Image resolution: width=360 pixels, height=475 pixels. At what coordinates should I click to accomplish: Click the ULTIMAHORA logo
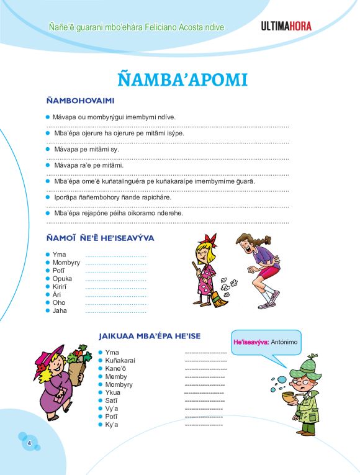coord(286,26)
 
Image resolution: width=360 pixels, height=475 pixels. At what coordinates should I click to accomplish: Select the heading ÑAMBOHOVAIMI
coord(79,101)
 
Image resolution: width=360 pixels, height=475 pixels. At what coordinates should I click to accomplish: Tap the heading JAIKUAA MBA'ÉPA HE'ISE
coord(150,336)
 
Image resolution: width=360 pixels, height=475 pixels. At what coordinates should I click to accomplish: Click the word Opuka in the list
coord(63,279)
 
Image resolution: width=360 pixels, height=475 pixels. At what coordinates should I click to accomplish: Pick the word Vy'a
coord(112,409)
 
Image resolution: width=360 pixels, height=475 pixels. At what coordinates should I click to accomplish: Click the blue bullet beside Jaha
coord(47,310)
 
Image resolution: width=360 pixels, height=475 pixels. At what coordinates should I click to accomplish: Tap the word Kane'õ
coord(116,368)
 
